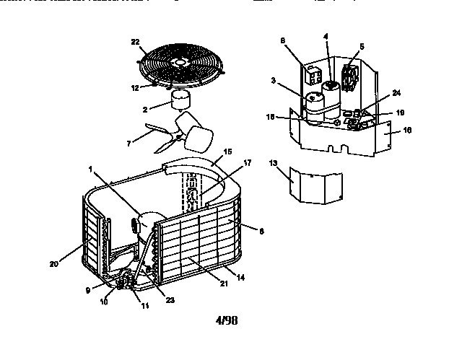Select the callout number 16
(x=407, y=131)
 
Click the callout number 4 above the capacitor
(x=326, y=36)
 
